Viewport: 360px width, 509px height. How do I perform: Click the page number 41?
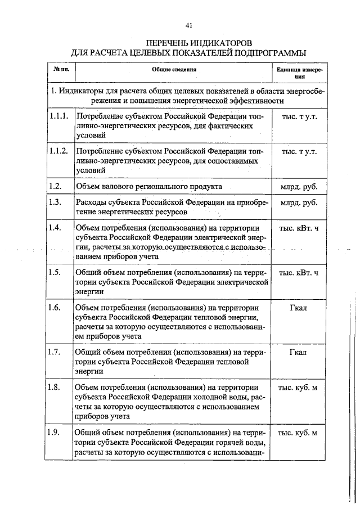point(188,25)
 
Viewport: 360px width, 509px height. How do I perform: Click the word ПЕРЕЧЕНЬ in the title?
point(168,43)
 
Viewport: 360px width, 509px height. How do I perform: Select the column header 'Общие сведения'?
point(174,70)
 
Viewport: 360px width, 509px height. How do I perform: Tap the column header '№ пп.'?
point(61,70)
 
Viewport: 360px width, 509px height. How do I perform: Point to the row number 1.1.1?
point(58,117)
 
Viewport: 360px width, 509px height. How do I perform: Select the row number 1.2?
point(55,186)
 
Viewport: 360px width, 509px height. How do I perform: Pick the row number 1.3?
point(55,202)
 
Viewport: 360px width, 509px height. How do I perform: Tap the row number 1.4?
point(55,228)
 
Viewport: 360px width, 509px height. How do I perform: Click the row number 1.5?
point(55,273)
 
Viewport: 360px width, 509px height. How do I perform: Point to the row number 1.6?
point(55,308)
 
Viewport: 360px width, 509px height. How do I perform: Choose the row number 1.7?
point(55,353)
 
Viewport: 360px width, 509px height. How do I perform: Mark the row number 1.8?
point(55,388)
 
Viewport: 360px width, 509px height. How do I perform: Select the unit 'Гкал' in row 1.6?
point(298,308)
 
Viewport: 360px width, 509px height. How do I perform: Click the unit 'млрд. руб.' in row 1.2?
point(298,186)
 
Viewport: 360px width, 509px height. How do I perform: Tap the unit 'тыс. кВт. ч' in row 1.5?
point(298,273)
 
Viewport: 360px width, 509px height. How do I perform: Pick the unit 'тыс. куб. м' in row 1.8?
point(298,388)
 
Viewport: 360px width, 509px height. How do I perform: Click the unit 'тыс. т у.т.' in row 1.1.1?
point(298,117)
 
